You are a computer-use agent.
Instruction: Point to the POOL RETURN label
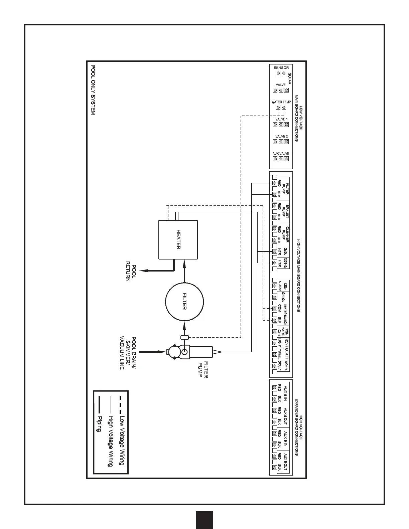tap(130, 273)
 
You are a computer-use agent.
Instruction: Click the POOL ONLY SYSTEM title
tap(93, 90)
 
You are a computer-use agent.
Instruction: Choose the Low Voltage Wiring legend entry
tap(122, 440)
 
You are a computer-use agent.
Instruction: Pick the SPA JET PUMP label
tap(285, 211)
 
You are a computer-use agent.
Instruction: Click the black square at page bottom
tap(204, 520)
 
